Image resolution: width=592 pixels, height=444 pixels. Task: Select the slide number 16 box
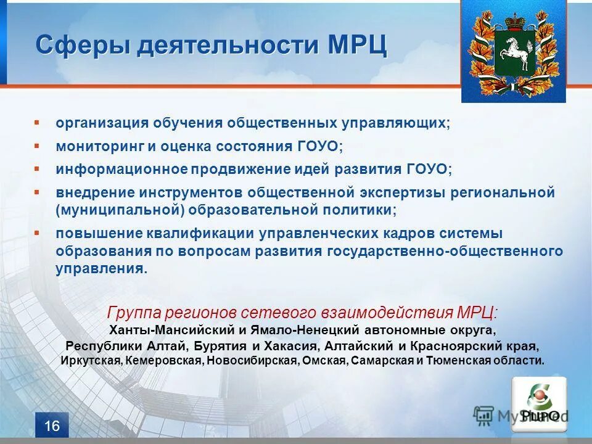click(52, 426)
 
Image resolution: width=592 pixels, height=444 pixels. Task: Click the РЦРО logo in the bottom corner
click(538, 403)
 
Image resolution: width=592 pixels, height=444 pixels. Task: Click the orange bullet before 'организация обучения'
click(37, 123)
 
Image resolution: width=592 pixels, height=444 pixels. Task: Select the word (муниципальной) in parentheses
click(121, 210)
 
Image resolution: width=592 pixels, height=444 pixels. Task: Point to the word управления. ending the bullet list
click(101, 269)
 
